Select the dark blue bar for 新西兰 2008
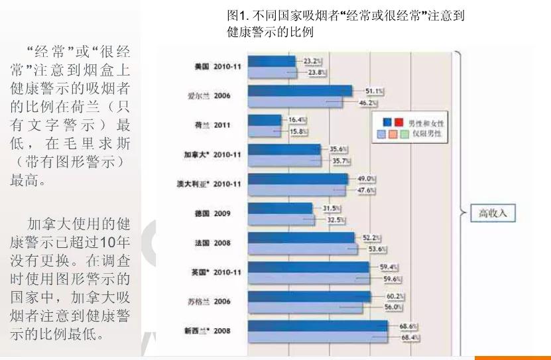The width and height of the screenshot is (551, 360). [318, 326]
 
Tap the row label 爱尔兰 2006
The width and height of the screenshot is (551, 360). [208, 95]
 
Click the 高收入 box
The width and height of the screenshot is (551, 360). [493, 213]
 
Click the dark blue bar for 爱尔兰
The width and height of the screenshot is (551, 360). [300, 91]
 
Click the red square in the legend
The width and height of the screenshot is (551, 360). [398, 123]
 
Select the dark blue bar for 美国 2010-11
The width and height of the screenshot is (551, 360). [272, 61]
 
